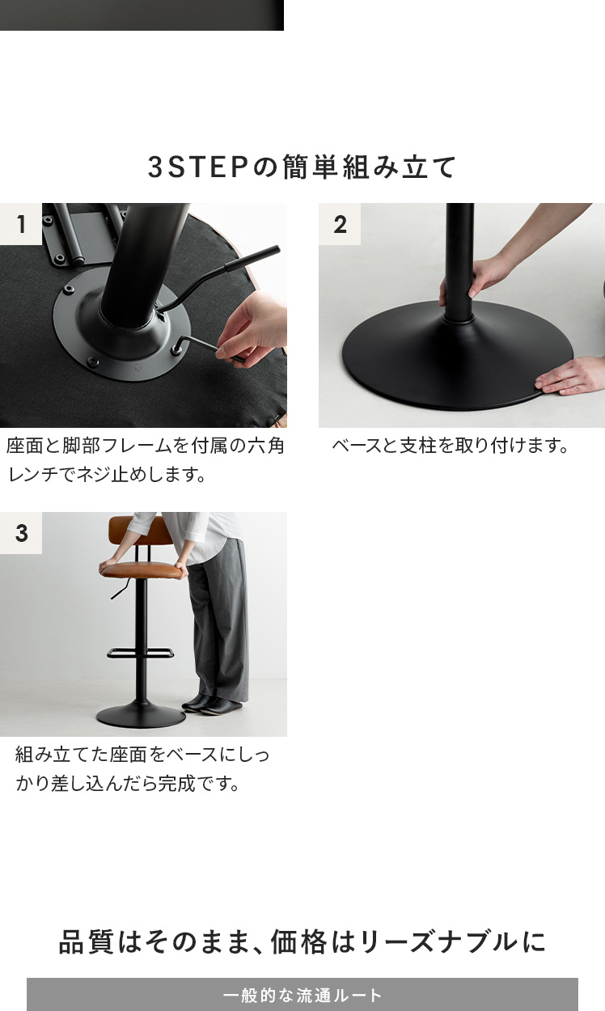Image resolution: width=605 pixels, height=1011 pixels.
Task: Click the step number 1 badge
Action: click(21, 224)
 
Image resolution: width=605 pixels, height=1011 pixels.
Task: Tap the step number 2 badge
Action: click(340, 224)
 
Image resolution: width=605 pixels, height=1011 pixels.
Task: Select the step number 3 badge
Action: click(21, 533)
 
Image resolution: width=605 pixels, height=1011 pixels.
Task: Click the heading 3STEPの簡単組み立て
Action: click(302, 167)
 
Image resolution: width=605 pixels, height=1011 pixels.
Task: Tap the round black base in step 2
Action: click(456, 357)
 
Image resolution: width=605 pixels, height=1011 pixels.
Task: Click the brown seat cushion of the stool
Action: click(144, 570)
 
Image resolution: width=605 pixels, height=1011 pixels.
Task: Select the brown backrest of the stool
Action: click(137, 531)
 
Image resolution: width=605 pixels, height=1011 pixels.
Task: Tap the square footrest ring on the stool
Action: click(141, 653)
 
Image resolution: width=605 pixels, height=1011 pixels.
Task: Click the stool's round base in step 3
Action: click(141, 714)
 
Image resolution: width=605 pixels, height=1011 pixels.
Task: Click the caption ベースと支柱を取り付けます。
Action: click(451, 446)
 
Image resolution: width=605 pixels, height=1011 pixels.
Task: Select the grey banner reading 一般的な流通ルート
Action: click(302, 994)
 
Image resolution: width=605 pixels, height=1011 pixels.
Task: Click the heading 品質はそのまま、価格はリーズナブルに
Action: click(302, 942)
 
